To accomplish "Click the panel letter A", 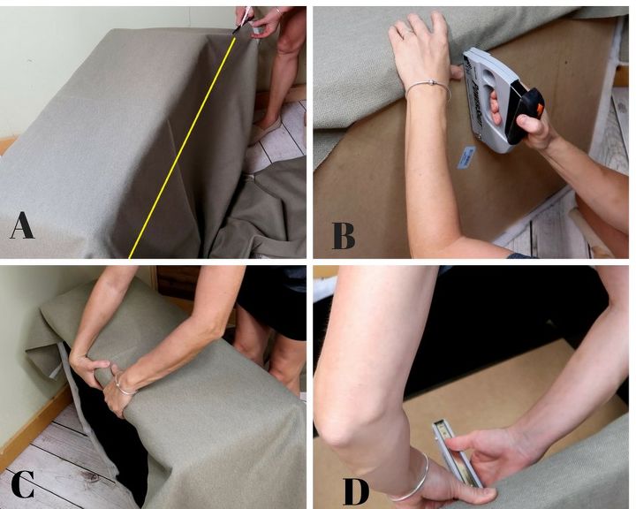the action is tap(22, 225).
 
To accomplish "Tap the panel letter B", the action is tap(344, 236).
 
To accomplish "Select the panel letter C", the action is tap(23, 484).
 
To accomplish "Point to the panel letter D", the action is tap(356, 491).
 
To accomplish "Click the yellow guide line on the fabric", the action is tap(182, 147).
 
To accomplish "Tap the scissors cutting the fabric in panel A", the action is tap(244, 19).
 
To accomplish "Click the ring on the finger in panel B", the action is tap(410, 31).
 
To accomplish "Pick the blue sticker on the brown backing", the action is tap(466, 156).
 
